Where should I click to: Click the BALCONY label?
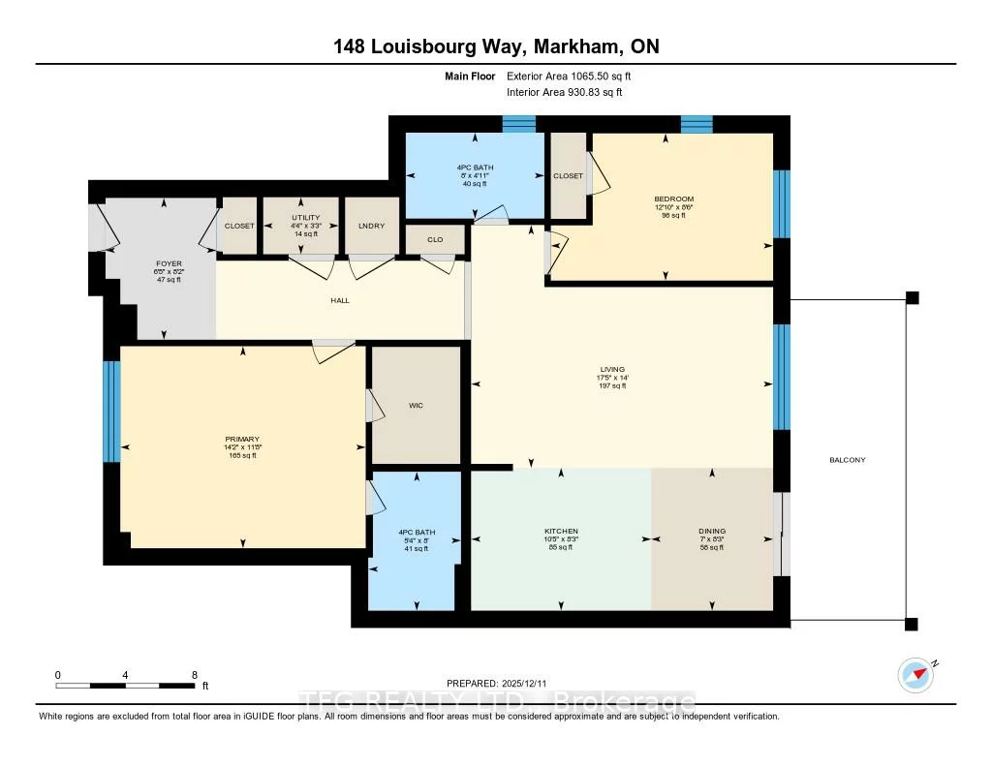tap(848, 460)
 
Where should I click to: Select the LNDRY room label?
tap(372, 226)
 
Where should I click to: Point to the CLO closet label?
tap(435, 238)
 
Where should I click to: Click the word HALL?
tap(339, 300)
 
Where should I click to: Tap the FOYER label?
tap(169, 263)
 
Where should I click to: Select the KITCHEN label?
tap(561, 531)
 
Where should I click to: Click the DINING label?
tap(712, 531)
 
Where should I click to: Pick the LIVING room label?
tap(612, 369)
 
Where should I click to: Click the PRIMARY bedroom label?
tap(241, 439)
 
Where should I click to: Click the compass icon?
tap(914, 674)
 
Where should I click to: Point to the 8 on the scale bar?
tap(195, 674)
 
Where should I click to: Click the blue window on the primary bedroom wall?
tap(112, 412)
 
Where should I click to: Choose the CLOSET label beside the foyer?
tap(239, 226)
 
